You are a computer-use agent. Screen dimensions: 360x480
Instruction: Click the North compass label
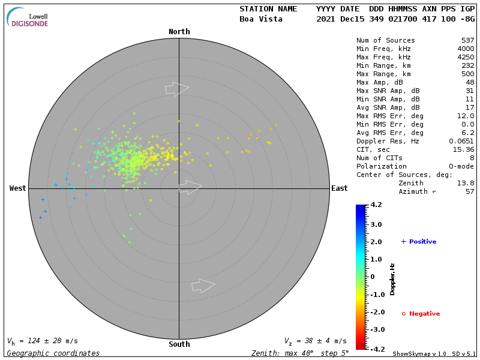pyautogui.click(x=179, y=32)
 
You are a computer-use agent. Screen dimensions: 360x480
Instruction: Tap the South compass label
pyautogui.click(x=179, y=344)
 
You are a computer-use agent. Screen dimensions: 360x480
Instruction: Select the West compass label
pyautogui.click(x=18, y=188)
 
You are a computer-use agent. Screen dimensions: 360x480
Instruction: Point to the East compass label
pyautogui.click(x=340, y=188)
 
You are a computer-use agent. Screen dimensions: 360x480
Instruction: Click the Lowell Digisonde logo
pyautogui.click(x=28, y=17)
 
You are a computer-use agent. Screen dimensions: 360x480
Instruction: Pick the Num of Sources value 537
pyautogui.click(x=467, y=40)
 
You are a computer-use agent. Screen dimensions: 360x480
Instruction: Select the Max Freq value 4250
pyautogui.click(x=465, y=57)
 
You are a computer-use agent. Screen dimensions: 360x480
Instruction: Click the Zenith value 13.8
pyautogui.click(x=465, y=183)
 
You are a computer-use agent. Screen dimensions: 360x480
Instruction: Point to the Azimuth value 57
pyautogui.click(x=469, y=191)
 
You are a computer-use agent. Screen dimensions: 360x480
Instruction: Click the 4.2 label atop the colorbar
pyautogui.click(x=376, y=205)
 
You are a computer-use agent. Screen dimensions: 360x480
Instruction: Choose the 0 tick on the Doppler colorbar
pyautogui.click(x=373, y=277)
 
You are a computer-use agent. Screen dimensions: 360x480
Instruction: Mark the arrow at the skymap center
pyautogui.click(x=190, y=187)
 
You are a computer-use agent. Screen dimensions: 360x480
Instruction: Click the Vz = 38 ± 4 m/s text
pyautogui.click(x=315, y=341)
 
